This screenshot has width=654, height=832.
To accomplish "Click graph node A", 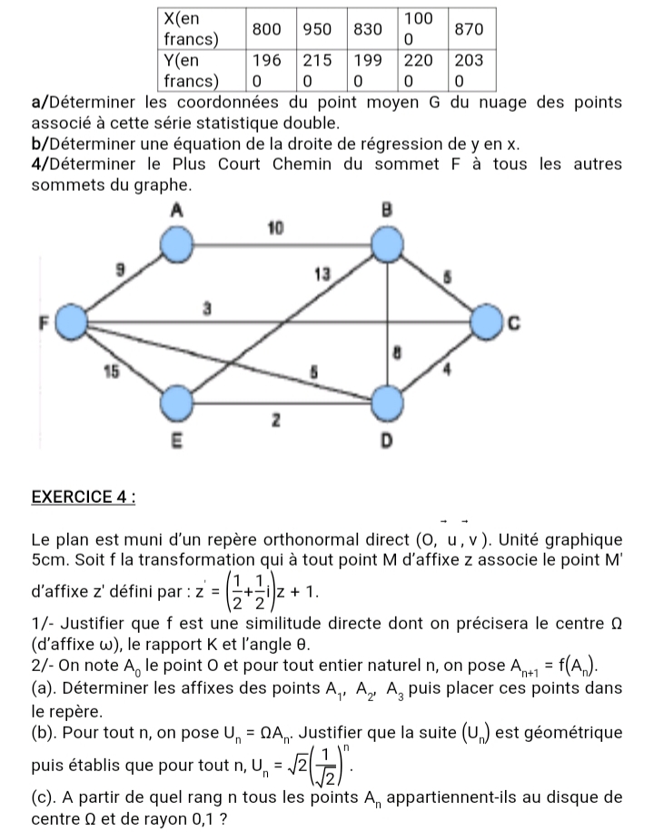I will [178, 244].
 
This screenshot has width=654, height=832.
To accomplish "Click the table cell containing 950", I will [317, 29].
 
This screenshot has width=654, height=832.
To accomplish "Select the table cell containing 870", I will [470, 29].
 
